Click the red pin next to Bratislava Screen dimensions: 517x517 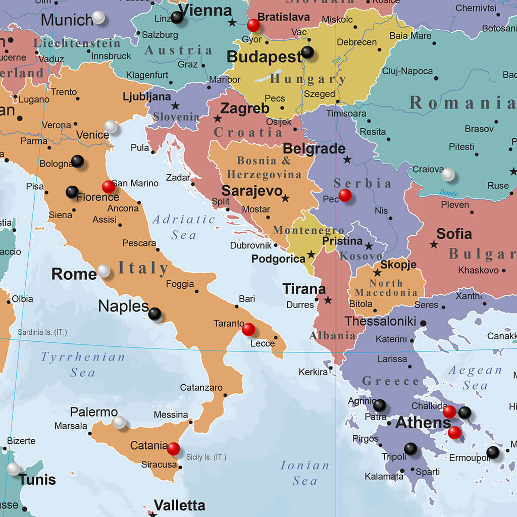pos(253,25)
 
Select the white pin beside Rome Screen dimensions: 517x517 pos(104,271)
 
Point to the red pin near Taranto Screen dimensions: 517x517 pos(248,329)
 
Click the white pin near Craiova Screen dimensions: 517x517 pos(448,175)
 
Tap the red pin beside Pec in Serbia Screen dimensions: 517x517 pos(345,195)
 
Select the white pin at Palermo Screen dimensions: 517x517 pos(119,422)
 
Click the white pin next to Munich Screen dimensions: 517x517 pos(98,17)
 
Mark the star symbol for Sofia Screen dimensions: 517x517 pos(434,244)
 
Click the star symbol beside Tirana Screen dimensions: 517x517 pos(328,300)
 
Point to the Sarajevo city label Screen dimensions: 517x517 pos(252,191)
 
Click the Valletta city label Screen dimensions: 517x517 pos(179,505)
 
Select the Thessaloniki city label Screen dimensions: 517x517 pos(380,321)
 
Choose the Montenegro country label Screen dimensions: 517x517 pos(308,230)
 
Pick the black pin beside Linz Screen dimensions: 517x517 pos(177,17)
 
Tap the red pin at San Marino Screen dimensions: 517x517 pos(109,187)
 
